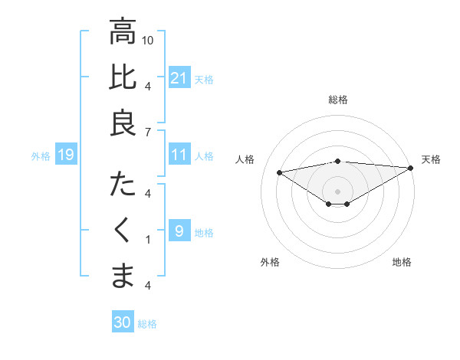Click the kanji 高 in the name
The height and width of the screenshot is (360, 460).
pos(123,32)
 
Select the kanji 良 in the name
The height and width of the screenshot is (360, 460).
pos(123,123)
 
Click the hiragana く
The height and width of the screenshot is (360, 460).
pos(123,231)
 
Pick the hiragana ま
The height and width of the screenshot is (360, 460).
pos(123,277)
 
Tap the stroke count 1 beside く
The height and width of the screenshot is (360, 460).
pos(148,240)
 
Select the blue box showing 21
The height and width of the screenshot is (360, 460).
pos(179,77)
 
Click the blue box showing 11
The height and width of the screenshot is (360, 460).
pos(179,155)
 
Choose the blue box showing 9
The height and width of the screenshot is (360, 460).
pos(179,231)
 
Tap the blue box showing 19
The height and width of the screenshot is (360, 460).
pos(65,155)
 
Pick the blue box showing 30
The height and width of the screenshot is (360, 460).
pos(122,322)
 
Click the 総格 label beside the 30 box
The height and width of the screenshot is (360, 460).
pos(147,324)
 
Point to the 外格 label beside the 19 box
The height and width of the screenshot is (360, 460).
pos(41,156)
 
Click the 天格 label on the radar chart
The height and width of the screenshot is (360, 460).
pos(431,159)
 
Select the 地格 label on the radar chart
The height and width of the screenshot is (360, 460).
pos(402,262)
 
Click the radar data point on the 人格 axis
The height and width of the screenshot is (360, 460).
pos(280,172)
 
